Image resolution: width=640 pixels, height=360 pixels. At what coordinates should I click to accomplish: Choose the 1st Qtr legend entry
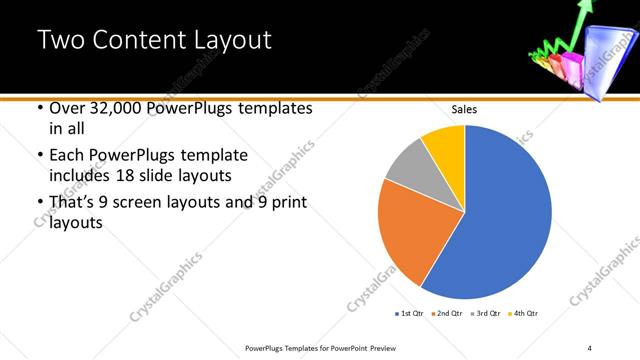(411, 314)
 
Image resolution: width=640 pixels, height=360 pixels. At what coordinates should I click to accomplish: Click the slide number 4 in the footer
(589, 347)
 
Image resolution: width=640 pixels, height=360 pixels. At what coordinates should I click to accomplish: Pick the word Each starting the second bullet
(65, 156)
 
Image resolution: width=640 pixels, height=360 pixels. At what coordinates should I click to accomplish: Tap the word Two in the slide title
(57, 41)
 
